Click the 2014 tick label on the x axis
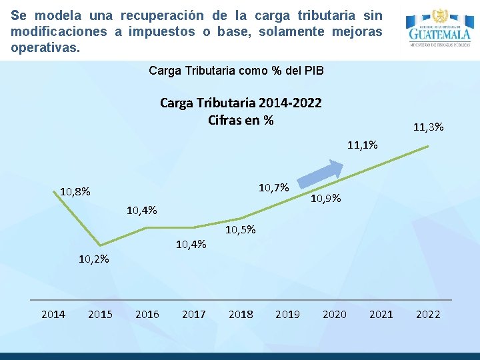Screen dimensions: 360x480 (53, 314)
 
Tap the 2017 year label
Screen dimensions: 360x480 (194, 314)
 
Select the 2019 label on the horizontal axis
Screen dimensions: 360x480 (287, 314)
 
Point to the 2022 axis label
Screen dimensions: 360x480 (428, 314)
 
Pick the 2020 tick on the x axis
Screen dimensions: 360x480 (334, 314)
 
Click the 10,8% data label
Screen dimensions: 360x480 (75, 192)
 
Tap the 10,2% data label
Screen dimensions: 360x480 (94, 259)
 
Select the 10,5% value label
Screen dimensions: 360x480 (241, 231)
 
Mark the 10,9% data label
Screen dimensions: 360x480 (327, 198)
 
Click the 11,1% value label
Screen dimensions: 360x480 (363, 145)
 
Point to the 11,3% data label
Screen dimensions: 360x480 (429, 127)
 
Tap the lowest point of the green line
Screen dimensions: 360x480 (100, 245)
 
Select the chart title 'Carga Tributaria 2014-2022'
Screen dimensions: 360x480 (241, 103)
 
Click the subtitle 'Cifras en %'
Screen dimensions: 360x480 (241, 120)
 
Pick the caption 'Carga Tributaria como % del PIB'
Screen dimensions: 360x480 (237, 71)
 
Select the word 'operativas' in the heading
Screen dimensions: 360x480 (43, 48)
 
